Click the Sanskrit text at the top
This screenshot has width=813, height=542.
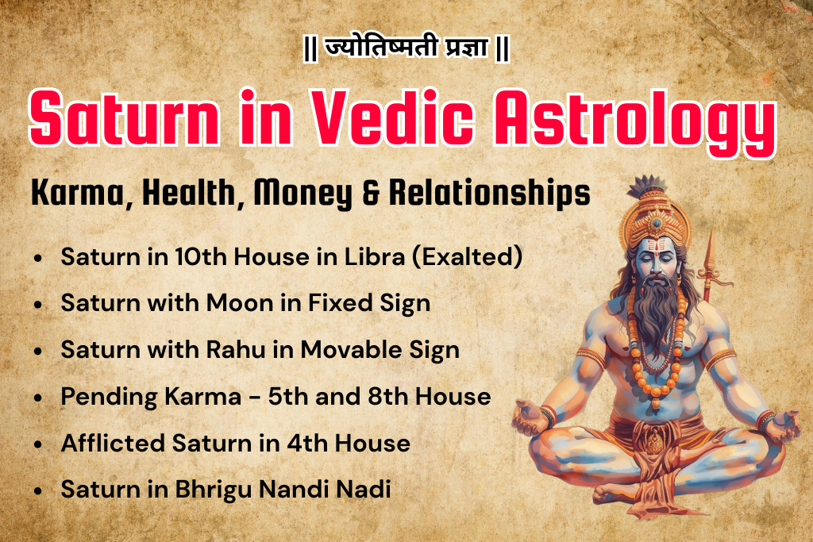tap(406, 48)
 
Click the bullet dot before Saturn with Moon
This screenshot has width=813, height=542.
tap(39, 305)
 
